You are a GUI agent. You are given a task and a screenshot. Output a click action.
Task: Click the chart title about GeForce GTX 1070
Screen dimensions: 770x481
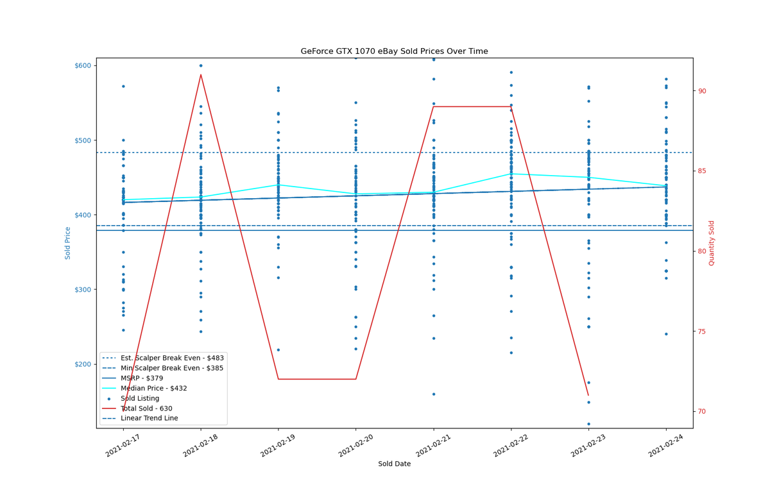pyautogui.click(x=394, y=51)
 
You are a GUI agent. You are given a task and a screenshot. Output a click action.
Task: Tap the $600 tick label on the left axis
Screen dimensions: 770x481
pyautogui.click(x=83, y=65)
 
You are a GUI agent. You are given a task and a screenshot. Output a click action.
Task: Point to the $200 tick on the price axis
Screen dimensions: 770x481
pyautogui.click(x=83, y=364)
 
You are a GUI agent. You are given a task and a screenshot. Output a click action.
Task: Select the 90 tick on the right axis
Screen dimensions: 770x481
pyautogui.click(x=702, y=91)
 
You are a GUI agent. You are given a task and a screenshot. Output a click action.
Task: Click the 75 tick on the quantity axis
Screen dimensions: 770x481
pyautogui.click(x=702, y=332)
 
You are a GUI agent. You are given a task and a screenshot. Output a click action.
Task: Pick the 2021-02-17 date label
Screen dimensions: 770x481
pyautogui.click(x=123, y=445)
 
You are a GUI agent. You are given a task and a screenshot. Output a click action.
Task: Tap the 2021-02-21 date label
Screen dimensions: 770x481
pyautogui.click(x=432, y=445)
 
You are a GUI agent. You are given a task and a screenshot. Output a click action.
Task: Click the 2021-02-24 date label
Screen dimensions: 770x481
pyautogui.click(x=665, y=445)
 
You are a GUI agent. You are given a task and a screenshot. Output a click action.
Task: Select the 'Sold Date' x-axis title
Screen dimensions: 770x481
pyautogui.click(x=394, y=464)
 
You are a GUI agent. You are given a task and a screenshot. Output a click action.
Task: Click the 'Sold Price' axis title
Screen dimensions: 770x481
pyautogui.click(x=67, y=243)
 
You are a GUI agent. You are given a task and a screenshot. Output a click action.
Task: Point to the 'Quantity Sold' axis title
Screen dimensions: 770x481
pyautogui.click(x=711, y=243)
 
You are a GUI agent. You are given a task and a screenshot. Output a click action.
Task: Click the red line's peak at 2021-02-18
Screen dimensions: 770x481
pyautogui.click(x=201, y=74)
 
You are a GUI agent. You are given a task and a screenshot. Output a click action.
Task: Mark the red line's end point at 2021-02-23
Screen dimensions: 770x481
pyautogui.click(x=588, y=396)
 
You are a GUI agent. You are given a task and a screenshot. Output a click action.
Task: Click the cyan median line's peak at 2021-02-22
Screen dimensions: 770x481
pyautogui.click(x=511, y=174)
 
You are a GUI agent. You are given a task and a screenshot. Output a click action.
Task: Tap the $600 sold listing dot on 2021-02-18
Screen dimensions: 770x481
pyautogui.click(x=201, y=65)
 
